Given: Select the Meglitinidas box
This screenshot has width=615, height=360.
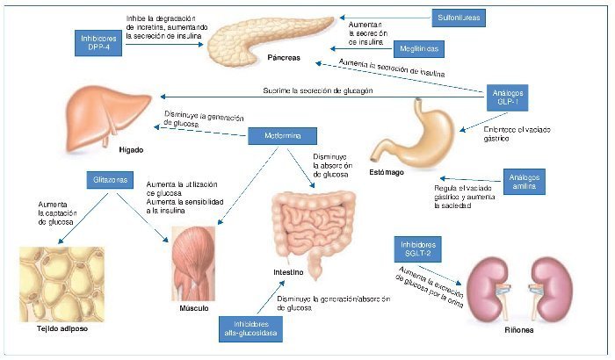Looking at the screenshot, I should click(x=416, y=50).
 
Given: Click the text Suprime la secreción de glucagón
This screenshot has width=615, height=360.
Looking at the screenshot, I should click(x=319, y=90).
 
